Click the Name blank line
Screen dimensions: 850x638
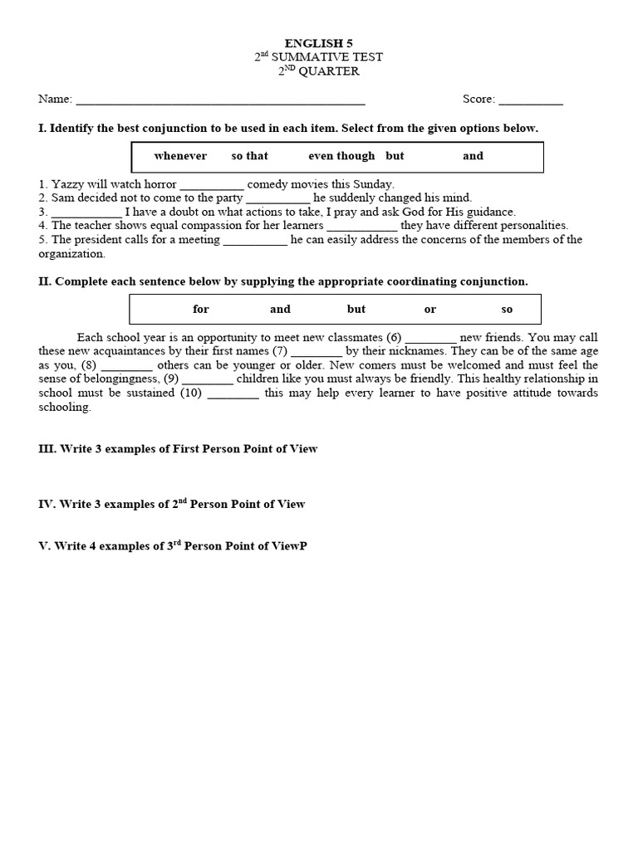point(219,101)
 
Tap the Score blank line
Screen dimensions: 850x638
point(531,101)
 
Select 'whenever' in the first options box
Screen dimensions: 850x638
point(180,156)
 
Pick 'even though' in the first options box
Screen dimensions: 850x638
point(341,156)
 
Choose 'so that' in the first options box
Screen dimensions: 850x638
point(249,156)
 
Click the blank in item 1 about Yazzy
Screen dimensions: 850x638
point(212,186)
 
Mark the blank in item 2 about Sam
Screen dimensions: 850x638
point(278,199)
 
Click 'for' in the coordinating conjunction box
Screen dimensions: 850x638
point(201,310)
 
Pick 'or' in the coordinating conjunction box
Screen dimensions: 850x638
point(429,310)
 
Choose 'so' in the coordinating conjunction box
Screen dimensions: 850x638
point(507,310)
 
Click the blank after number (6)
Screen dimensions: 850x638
point(431,339)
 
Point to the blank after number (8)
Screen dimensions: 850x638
point(127,366)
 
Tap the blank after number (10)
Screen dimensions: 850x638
point(233,394)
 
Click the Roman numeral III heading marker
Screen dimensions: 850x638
point(46,449)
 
